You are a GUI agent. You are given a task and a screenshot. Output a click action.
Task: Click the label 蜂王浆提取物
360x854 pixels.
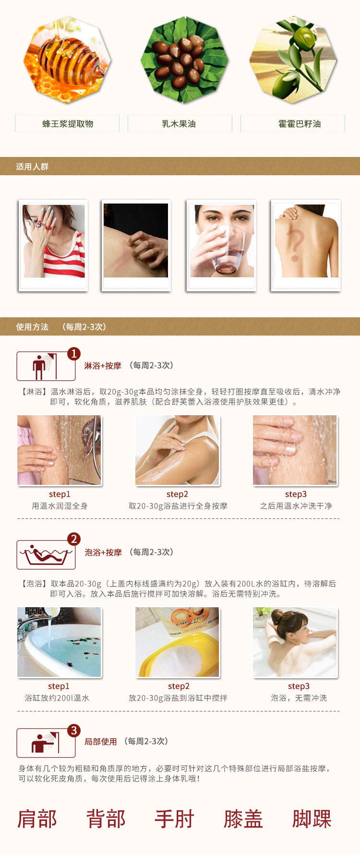(x=68, y=124)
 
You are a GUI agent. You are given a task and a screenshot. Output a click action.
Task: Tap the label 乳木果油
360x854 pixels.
(x=179, y=124)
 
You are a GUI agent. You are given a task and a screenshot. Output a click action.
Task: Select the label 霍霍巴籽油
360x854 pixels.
(x=300, y=124)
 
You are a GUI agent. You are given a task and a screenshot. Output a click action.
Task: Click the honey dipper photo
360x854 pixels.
(x=68, y=59)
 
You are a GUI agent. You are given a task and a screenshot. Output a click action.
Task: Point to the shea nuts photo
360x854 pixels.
(x=184, y=59)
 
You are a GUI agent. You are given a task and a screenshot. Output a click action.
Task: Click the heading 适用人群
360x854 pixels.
(x=32, y=167)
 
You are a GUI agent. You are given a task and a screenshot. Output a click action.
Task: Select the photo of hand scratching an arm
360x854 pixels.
(x=136, y=241)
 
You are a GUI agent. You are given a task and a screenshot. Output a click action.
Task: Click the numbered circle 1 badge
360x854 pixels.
(x=73, y=354)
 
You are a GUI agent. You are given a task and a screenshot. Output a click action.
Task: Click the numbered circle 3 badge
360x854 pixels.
(x=73, y=731)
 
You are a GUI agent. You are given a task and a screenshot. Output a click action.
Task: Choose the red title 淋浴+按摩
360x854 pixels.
(x=103, y=366)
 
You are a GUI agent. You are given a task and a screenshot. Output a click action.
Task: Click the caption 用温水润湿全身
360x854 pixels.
(x=60, y=506)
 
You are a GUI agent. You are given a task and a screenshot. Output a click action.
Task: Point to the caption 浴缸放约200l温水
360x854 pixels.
(x=57, y=698)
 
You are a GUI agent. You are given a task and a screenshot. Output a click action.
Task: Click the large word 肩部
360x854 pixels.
(x=37, y=819)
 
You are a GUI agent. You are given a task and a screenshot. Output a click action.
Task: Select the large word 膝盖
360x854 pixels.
(x=243, y=819)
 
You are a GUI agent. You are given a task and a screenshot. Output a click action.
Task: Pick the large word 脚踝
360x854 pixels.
(x=312, y=819)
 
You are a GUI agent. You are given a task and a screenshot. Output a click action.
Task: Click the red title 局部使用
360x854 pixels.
(x=101, y=742)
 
